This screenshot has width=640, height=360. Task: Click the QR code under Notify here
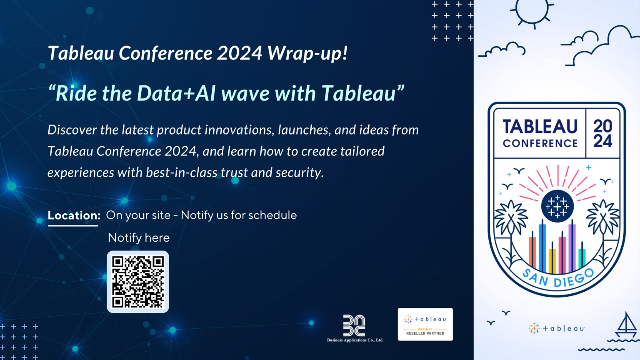click(x=138, y=282)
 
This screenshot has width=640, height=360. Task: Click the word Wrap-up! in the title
click(x=307, y=54)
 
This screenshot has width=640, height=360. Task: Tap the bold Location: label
click(x=74, y=215)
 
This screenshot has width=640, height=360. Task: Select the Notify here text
click(x=139, y=237)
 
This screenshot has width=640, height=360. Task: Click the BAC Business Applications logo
click(x=355, y=327)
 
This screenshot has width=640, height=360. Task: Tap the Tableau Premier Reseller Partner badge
click(x=425, y=325)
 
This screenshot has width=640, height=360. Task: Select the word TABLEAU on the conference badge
click(x=540, y=127)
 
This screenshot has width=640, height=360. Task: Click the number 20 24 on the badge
click(x=602, y=133)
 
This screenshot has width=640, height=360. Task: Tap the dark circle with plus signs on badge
click(x=557, y=206)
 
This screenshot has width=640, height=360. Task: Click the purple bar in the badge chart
click(x=572, y=248)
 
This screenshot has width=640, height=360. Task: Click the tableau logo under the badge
click(x=557, y=328)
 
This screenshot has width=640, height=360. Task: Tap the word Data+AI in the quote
click(x=175, y=93)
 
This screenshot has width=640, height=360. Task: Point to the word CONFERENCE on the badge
click(x=540, y=143)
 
